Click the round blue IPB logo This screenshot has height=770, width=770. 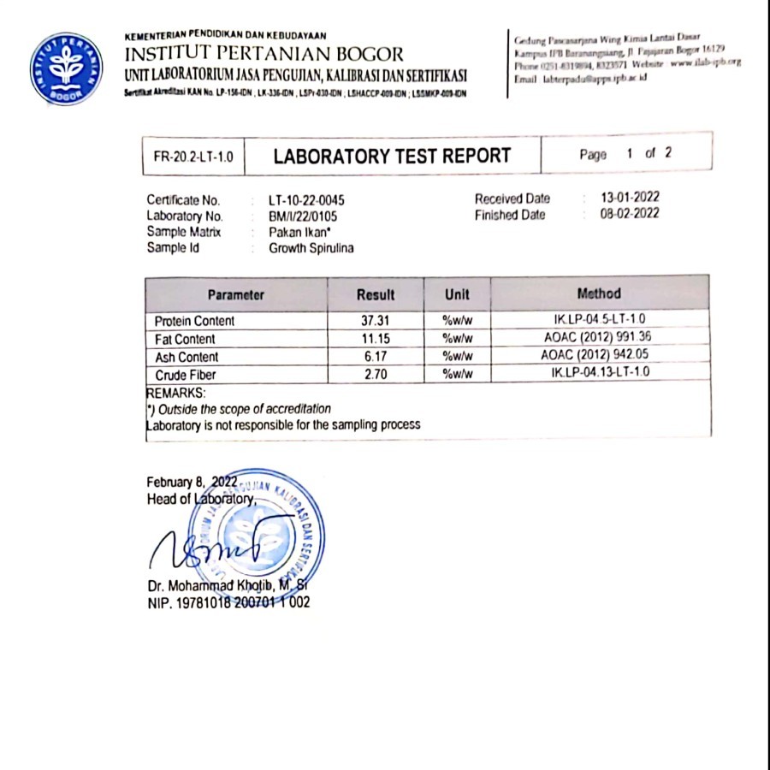coord(66,69)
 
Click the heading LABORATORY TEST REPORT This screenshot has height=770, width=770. coord(392,156)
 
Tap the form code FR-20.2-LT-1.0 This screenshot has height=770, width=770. coord(193,157)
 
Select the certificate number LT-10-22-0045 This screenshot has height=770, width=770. coord(312,200)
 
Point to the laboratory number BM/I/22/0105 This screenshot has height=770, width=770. coord(303,216)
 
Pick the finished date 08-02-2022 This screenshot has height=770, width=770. coord(630,214)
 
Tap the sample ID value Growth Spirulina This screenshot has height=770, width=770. coord(311,248)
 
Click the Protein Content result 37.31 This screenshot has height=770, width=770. coord(375,321)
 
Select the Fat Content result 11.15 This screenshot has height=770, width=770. coord(375,339)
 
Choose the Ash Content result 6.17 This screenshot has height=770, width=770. coord(375,357)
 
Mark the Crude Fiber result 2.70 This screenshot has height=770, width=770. coord(375,375)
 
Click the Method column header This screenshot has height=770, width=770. coord(599,293)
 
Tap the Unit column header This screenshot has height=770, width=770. coord(457,294)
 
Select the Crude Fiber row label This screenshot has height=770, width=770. coord(186,375)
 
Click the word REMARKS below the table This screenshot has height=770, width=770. coord(176,393)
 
